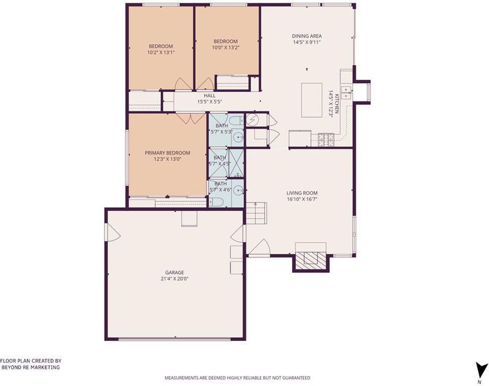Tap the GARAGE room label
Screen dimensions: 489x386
(x=174, y=273)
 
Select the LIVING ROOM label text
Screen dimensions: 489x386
(x=302, y=193)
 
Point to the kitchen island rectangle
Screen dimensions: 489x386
(x=311, y=100)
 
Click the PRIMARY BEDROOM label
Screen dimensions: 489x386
(x=167, y=152)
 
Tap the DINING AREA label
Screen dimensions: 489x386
(x=307, y=36)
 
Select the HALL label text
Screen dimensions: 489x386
(x=210, y=95)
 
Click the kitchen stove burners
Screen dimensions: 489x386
(x=326, y=139)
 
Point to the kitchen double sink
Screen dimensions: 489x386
(x=346, y=93)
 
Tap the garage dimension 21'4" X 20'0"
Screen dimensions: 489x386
(x=174, y=279)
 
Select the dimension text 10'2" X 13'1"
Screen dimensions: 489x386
(x=161, y=52)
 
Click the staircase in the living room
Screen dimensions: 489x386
(x=257, y=214)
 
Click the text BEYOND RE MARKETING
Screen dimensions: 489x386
(x=31, y=367)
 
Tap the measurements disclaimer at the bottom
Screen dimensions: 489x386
(x=237, y=378)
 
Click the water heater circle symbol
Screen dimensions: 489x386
(x=252, y=120)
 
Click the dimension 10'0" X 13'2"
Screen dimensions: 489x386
(x=225, y=48)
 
